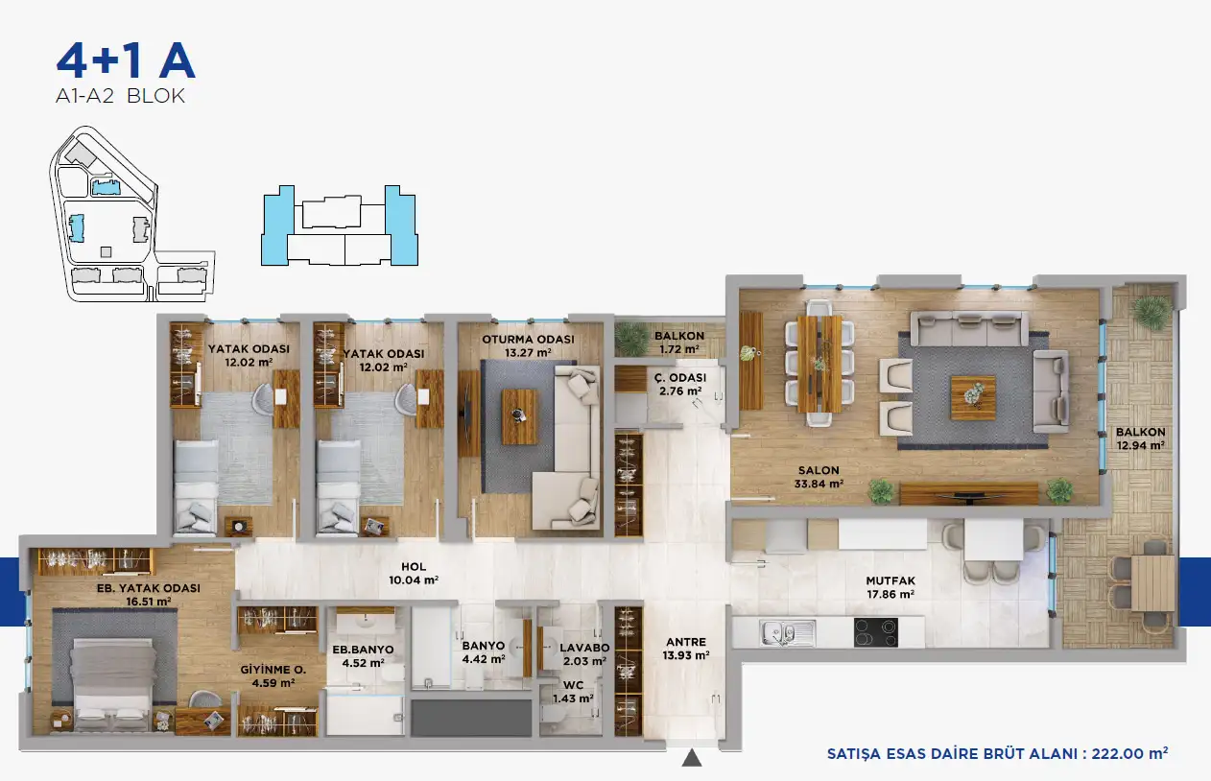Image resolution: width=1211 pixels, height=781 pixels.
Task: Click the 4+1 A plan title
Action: (x=126, y=60)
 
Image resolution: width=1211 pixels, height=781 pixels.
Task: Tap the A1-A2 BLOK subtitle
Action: (x=121, y=96)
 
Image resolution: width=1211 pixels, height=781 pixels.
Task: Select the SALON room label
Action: (x=819, y=471)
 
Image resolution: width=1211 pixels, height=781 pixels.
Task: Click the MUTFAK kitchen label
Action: (x=890, y=581)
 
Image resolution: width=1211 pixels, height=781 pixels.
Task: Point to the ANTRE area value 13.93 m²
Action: (x=686, y=655)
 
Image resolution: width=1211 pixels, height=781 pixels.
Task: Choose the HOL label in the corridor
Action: (x=414, y=567)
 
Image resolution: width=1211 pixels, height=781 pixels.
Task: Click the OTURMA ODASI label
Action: (x=528, y=340)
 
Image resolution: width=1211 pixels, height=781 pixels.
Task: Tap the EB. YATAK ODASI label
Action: (x=149, y=588)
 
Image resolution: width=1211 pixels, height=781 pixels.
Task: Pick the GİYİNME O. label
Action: (x=273, y=670)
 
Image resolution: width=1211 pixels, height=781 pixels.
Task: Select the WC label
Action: (x=573, y=685)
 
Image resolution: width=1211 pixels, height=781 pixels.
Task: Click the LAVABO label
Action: (x=584, y=648)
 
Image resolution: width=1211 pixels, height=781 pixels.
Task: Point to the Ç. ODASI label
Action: (x=680, y=378)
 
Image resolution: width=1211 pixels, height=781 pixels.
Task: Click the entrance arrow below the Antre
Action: (x=692, y=758)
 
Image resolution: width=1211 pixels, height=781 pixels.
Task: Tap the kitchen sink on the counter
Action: (x=787, y=633)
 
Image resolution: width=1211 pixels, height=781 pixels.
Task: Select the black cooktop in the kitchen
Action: (x=876, y=632)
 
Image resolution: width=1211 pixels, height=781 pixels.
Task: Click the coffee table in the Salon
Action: (x=973, y=398)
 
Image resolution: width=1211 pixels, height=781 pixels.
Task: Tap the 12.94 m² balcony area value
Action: (x=1140, y=446)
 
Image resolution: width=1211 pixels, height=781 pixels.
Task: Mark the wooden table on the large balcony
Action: (x=1152, y=583)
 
